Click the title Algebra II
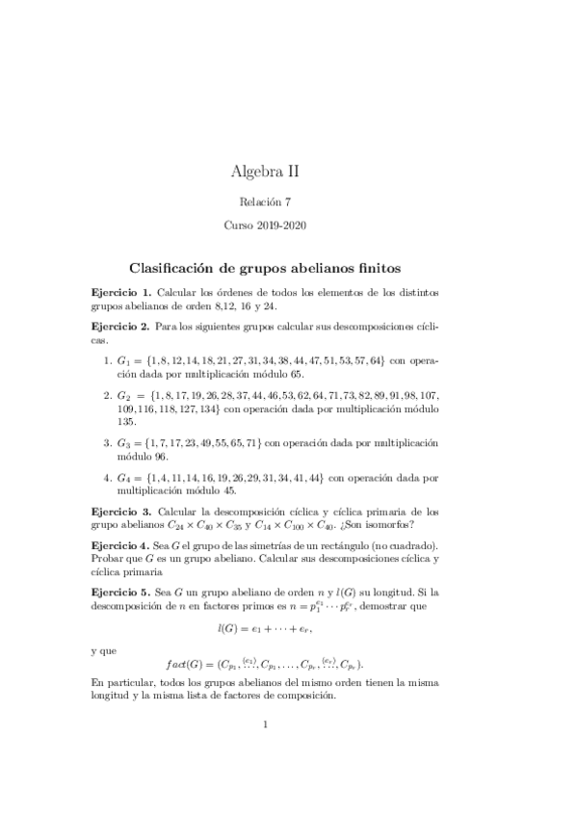(265, 171)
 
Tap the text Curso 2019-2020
(265, 229)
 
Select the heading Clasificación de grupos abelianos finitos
(265, 264)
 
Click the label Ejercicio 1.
(120, 292)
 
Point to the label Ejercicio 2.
(120, 328)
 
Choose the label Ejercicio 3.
(120, 512)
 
